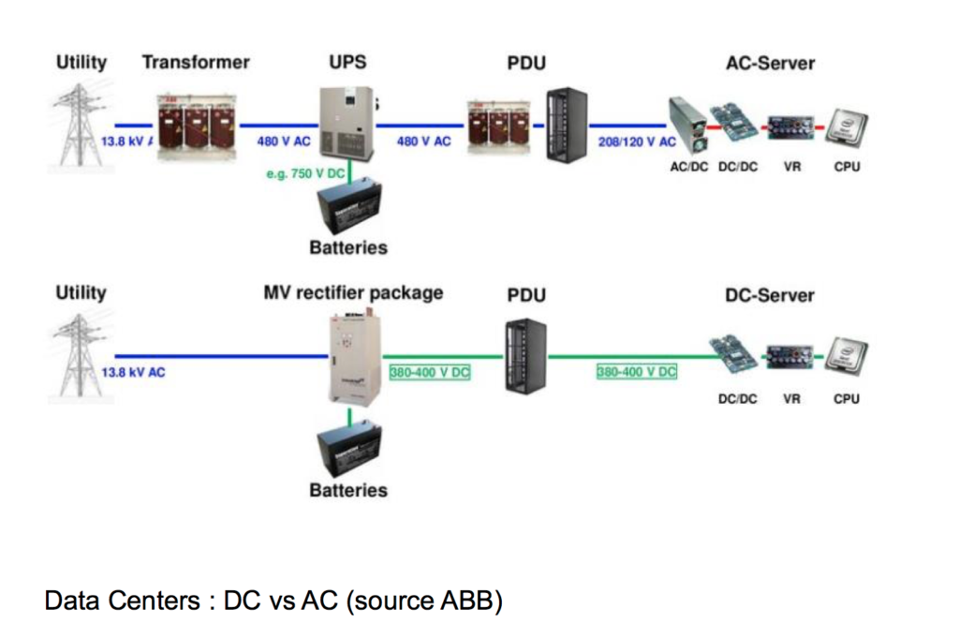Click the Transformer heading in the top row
(196, 63)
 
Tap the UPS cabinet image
(346, 121)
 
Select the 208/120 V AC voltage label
(637, 141)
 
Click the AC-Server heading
(770, 64)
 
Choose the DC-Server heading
(770, 295)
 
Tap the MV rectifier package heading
(353, 292)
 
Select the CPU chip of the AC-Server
(846, 127)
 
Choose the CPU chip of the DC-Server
(846, 358)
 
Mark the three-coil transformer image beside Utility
(196, 126)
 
